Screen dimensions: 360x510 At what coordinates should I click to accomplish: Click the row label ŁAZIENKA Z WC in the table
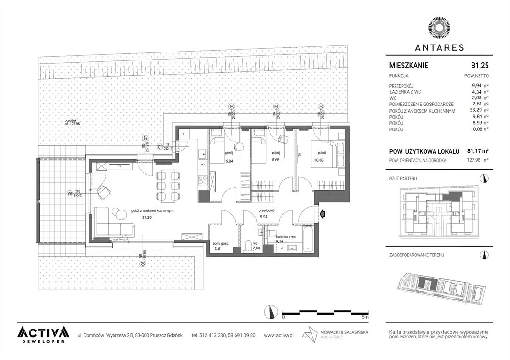406,92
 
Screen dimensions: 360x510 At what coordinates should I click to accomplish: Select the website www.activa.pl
279,335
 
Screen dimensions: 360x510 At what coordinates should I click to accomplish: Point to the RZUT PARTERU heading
403,179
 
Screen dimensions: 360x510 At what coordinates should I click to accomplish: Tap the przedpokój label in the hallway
266,211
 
